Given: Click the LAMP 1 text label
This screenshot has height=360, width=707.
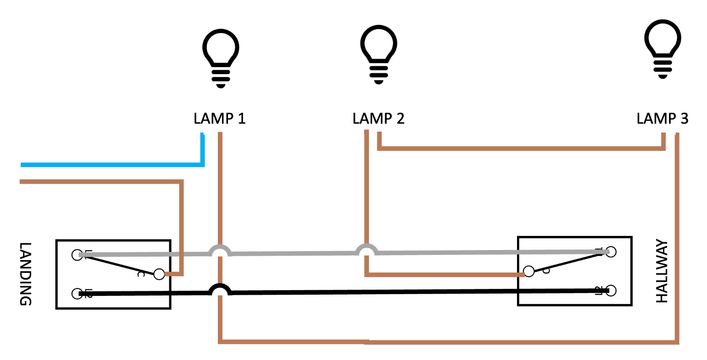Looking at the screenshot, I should tap(220, 118).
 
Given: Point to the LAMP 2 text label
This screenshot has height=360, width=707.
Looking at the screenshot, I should tap(378, 118).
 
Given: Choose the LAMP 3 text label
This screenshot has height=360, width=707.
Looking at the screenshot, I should tap(662, 118).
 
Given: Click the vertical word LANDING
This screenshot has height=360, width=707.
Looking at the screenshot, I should tap(26, 274).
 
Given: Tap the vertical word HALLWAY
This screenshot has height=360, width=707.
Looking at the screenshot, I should tap(661, 271).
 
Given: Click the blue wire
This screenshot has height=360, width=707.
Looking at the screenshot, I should tap(110, 165).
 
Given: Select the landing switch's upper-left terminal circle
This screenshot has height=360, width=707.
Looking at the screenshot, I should tap(77, 255).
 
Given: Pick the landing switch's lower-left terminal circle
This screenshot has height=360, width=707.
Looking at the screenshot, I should tap(77, 294).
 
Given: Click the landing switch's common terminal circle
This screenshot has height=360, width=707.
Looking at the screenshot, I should tap(159, 274).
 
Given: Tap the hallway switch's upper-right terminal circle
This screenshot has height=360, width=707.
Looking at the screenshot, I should tap(611, 252).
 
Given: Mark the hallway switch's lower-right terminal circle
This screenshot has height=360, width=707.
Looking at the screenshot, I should tap(611, 291).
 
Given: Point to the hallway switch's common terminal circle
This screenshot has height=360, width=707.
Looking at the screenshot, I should tap(528, 271).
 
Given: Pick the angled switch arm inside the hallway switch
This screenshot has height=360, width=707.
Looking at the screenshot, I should tap(570, 261).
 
